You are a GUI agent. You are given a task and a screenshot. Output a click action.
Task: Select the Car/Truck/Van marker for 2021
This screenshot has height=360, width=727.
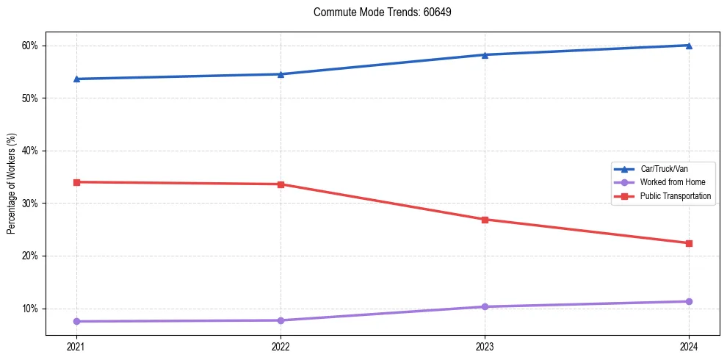[76, 79]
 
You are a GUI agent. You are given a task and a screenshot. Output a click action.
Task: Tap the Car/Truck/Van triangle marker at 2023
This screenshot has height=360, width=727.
[485, 54]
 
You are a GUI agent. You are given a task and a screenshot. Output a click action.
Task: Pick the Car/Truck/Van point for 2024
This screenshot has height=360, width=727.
[689, 46]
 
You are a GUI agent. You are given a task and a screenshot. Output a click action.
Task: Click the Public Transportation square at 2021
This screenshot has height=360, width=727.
[76, 182]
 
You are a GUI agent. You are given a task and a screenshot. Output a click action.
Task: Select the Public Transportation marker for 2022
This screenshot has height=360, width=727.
[281, 184]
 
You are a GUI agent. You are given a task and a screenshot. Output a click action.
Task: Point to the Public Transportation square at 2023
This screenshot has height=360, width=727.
[485, 220]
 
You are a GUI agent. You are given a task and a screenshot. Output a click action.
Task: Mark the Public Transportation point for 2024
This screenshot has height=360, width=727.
[689, 243]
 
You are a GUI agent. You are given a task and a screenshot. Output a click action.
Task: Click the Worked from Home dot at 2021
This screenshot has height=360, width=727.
[76, 321]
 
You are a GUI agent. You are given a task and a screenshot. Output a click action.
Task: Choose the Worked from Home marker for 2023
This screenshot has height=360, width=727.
[485, 306]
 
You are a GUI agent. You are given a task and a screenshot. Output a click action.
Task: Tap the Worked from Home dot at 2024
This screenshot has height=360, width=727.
[689, 301]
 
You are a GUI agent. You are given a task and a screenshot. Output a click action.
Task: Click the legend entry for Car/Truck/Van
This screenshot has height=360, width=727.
[664, 169]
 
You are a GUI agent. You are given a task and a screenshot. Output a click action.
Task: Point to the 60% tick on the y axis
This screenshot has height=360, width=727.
[29, 46]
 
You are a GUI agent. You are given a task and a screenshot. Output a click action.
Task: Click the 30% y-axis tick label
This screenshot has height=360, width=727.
[29, 204]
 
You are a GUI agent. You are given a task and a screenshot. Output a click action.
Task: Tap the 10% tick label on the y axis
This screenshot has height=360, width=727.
[29, 309]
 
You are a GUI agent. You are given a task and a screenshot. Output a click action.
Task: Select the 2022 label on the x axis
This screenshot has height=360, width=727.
[281, 346]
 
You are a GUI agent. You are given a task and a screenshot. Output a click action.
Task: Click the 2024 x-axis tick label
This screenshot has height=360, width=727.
[689, 346]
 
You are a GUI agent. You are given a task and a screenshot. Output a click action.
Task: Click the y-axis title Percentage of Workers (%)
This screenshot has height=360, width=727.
[12, 184]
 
